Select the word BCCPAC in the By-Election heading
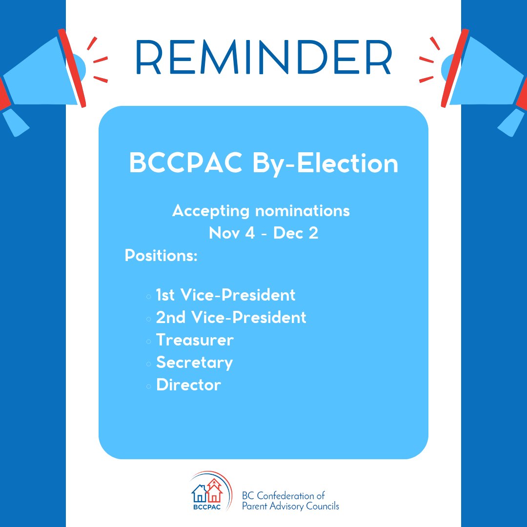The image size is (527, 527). point(185,164)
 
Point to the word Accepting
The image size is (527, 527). point(211,211)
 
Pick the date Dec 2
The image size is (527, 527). point(296,233)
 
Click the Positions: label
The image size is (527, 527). point(161,256)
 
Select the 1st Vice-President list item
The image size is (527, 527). point(225,295)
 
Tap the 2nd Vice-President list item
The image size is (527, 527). point(231,318)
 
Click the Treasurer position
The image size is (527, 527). point(195,340)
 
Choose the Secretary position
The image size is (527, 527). point(194,363)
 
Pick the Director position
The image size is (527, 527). point(188,385)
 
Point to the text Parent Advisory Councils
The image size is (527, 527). point(290,506)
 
